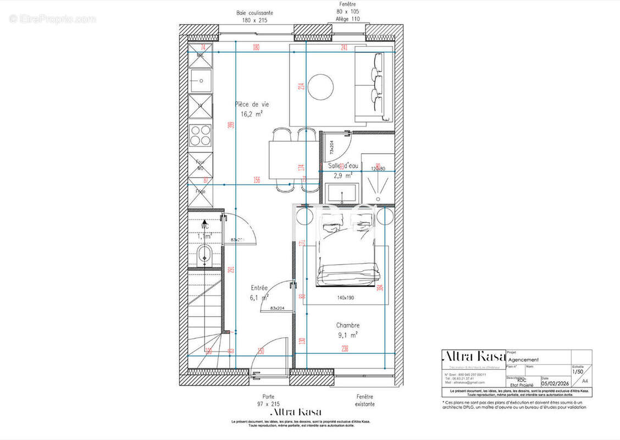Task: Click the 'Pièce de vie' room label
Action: pyautogui.click(x=252, y=104)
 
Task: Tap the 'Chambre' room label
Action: pyautogui.click(x=348, y=325)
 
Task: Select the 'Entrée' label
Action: pyautogui.click(x=259, y=288)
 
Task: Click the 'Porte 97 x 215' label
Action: pyautogui.click(x=268, y=400)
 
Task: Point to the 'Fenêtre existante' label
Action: pyautogui.click(x=364, y=400)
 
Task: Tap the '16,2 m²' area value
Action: pyautogui.click(x=251, y=114)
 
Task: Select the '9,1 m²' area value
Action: pyautogui.click(x=348, y=334)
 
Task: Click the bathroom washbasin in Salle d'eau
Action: pyautogui.click(x=341, y=193)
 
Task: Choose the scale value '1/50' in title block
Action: pyautogui.click(x=578, y=371)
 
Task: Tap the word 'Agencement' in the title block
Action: pyautogui.click(x=524, y=360)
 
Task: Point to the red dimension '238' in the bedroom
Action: pyautogui.click(x=345, y=348)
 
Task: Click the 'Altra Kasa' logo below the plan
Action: pyautogui.click(x=296, y=412)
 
